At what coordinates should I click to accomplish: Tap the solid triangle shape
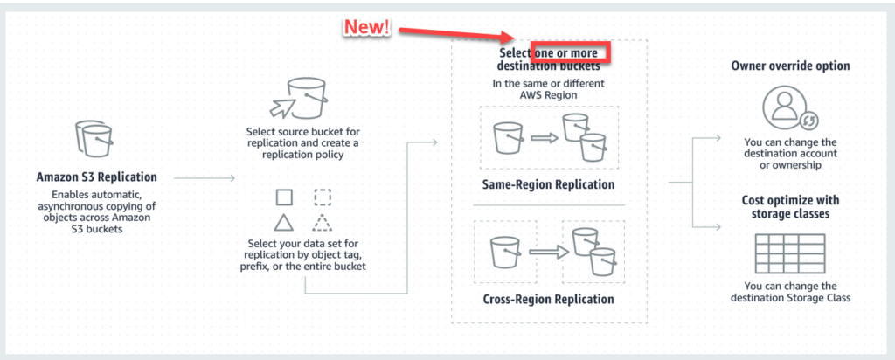pyautogui.click(x=283, y=221)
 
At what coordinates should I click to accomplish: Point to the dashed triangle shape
pyautogui.click(x=323, y=221)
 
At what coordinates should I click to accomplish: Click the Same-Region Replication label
pyautogui.click(x=549, y=184)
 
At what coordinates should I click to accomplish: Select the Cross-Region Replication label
pyautogui.click(x=549, y=299)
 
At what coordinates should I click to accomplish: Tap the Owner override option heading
pyautogui.click(x=788, y=66)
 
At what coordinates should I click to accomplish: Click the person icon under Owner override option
pyautogui.click(x=788, y=107)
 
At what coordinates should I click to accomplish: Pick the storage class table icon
pyautogui.click(x=788, y=254)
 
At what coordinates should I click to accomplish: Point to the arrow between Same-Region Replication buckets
pyautogui.click(x=544, y=137)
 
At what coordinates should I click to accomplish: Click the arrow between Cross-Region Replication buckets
pyautogui.click(x=544, y=252)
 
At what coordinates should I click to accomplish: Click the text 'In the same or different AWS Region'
pyautogui.click(x=549, y=90)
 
